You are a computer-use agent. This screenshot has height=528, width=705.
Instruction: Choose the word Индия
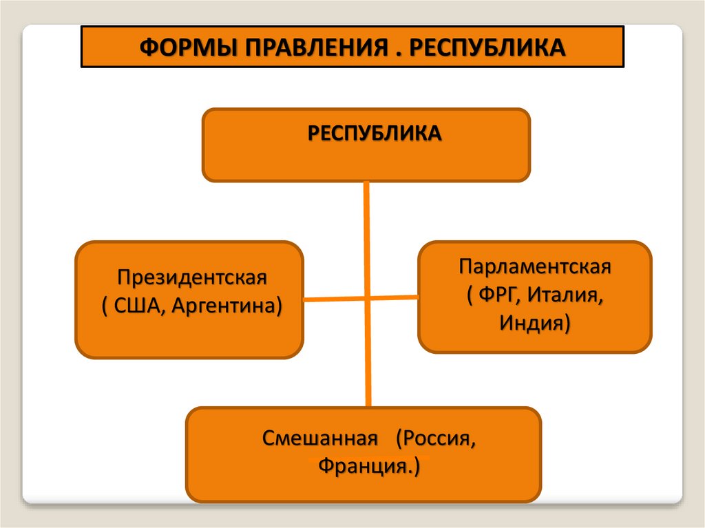tap(533, 321)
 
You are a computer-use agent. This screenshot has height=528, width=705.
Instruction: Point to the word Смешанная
tap(320, 439)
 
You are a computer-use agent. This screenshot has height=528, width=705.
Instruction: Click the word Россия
tap(438, 439)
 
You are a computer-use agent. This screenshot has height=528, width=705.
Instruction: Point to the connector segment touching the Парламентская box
tap(406, 297)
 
